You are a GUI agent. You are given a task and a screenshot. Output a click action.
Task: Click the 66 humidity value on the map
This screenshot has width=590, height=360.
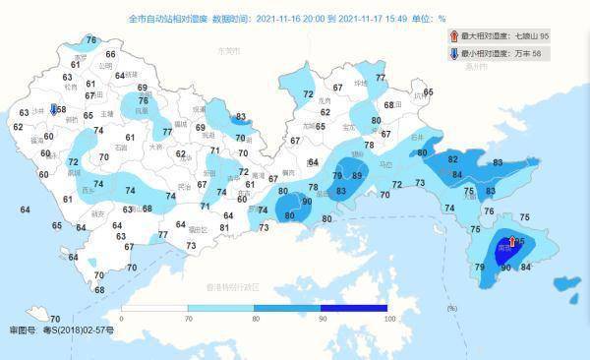(110, 55)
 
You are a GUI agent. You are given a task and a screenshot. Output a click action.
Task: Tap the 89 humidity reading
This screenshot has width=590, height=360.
(358, 175)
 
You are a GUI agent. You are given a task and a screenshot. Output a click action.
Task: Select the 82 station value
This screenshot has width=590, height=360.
(453, 158)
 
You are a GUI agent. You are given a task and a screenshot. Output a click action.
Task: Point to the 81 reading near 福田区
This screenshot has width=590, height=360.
(224, 228)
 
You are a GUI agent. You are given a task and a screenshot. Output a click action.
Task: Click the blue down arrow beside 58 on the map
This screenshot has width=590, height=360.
(53, 110)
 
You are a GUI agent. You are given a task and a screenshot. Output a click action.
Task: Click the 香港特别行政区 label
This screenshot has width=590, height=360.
(232, 287)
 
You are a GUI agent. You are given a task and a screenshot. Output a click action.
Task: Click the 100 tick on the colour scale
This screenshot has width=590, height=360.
(389, 320)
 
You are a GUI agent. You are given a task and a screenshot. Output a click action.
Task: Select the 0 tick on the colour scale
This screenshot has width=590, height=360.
(122, 320)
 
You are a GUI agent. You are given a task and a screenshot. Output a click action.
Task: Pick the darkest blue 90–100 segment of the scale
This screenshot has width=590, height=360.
(355, 309)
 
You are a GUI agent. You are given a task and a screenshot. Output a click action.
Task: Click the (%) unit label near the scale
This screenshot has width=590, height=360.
(451, 309)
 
